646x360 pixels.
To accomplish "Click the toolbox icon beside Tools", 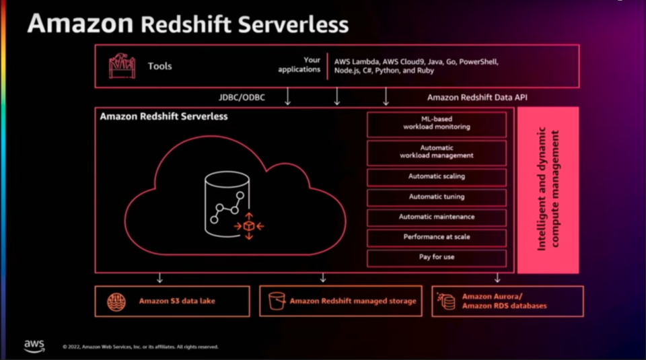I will click(x=122, y=66).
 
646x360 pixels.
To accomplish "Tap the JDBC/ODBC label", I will click(x=242, y=98).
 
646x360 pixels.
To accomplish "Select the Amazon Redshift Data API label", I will click(x=476, y=98).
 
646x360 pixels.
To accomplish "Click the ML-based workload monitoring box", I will click(x=436, y=124).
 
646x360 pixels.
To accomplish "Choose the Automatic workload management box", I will click(x=436, y=151).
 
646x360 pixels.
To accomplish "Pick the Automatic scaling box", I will click(x=436, y=177).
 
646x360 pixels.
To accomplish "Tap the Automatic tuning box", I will click(x=436, y=197).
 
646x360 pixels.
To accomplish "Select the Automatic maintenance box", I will click(x=436, y=217).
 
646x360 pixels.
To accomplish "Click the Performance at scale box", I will click(x=436, y=238).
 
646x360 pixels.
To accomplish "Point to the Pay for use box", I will click(x=436, y=258).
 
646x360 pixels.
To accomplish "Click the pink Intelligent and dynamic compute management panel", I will click(x=548, y=190).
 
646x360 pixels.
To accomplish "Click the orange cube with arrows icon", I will click(x=248, y=226).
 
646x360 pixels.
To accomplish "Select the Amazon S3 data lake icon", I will click(x=116, y=301).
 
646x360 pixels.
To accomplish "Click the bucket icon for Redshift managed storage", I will click(x=277, y=301).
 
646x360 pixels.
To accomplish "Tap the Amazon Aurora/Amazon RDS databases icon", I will click(x=446, y=301).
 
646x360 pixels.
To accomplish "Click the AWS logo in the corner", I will click(x=34, y=345).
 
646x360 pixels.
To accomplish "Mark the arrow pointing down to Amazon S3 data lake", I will click(x=159, y=278).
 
